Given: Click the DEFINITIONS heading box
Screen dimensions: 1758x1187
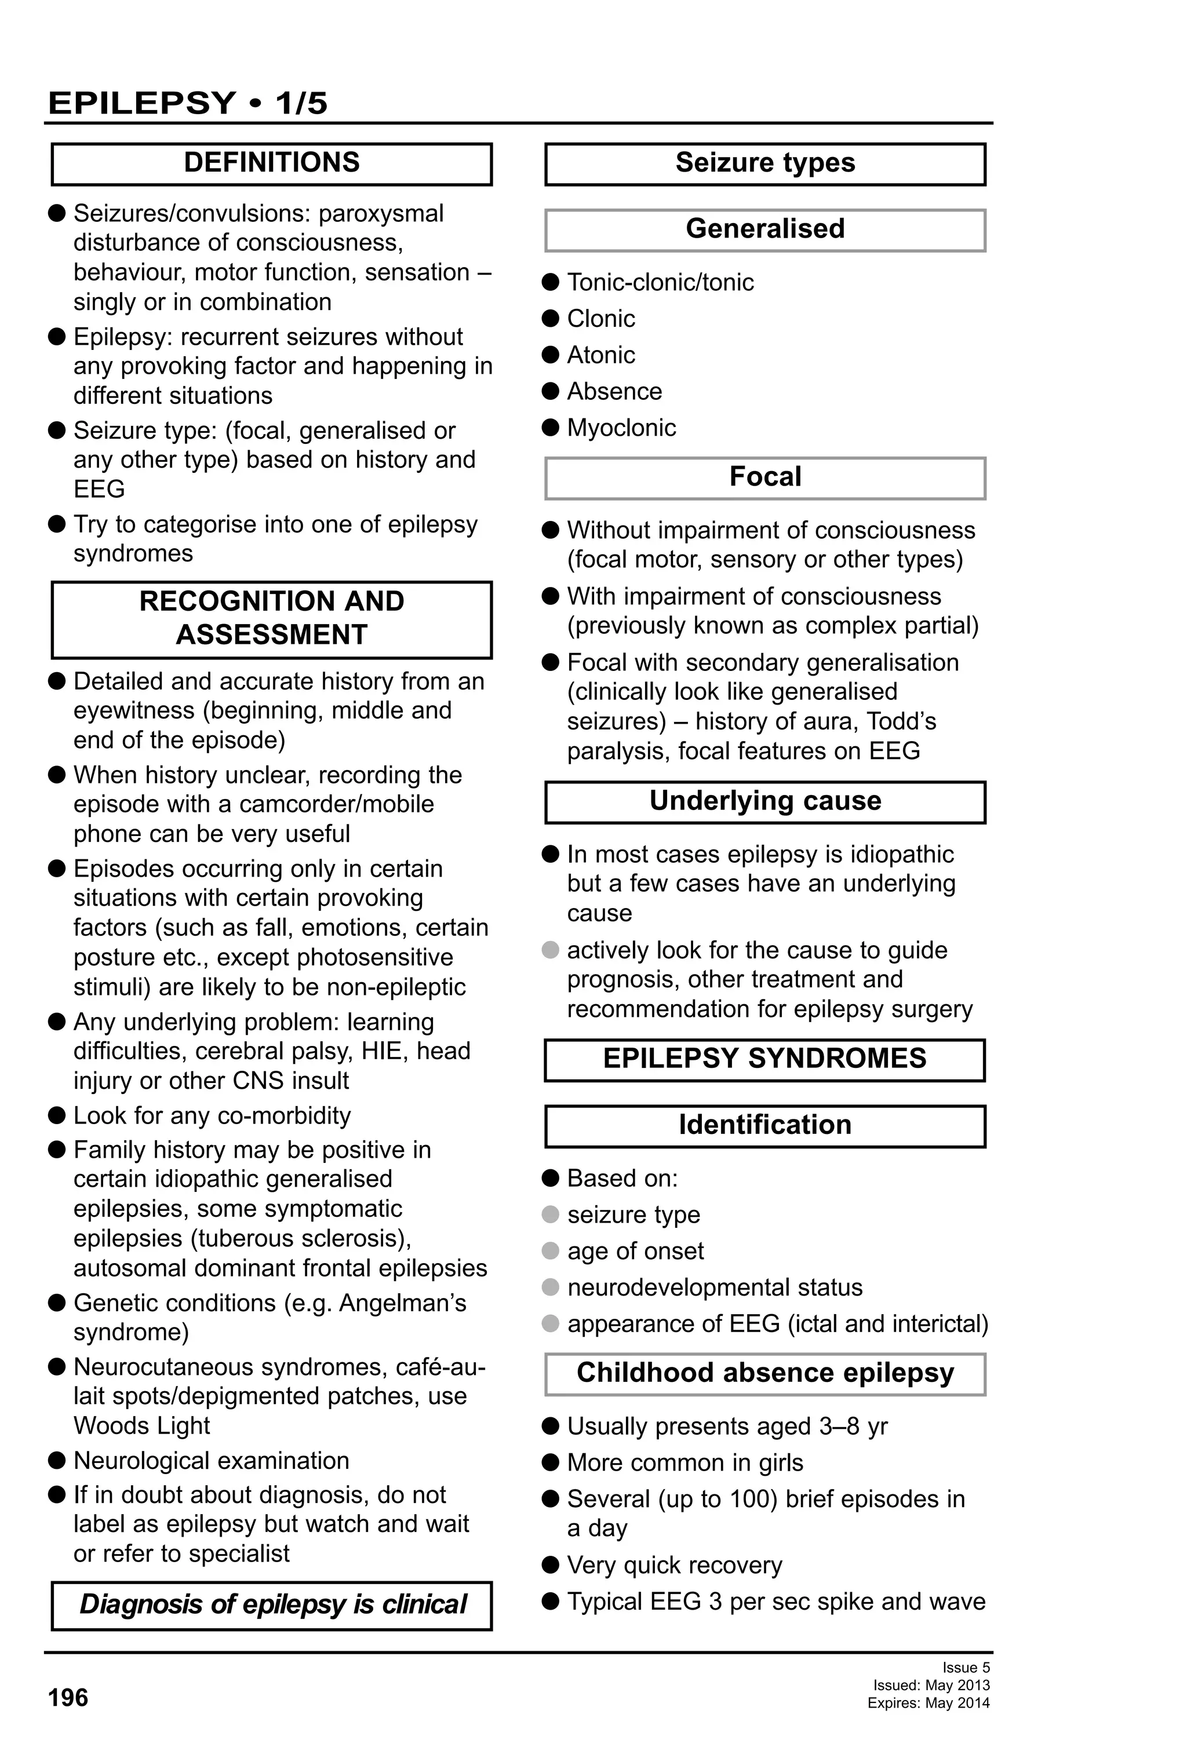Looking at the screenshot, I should (272, 163).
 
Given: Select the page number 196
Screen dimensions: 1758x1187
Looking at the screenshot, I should (68, 1698).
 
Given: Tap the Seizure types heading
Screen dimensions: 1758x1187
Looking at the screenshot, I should (765, 163).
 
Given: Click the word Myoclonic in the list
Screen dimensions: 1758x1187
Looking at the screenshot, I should (621, 428).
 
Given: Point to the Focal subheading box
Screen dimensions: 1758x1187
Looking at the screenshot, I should (765, 477).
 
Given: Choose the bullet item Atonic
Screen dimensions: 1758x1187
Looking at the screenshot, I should (600, 355).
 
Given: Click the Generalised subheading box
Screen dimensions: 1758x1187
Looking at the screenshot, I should (765, 229).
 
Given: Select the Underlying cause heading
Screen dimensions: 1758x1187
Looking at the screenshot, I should (765, 801).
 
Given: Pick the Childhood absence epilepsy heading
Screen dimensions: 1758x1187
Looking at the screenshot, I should (765, 1373).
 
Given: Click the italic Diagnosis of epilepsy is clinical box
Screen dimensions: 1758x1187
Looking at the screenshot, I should (272, 1604).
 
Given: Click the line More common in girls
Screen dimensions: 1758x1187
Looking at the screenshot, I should (684, 1463).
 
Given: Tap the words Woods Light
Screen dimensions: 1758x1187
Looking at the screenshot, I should (141, 1426).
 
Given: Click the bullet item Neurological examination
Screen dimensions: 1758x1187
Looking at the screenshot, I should (211, 1461).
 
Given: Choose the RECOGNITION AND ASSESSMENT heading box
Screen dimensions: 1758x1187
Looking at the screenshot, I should (272, 618).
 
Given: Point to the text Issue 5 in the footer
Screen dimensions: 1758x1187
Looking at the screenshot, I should (966, 1667).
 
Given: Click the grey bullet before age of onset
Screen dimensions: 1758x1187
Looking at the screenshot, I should (551, 1251).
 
